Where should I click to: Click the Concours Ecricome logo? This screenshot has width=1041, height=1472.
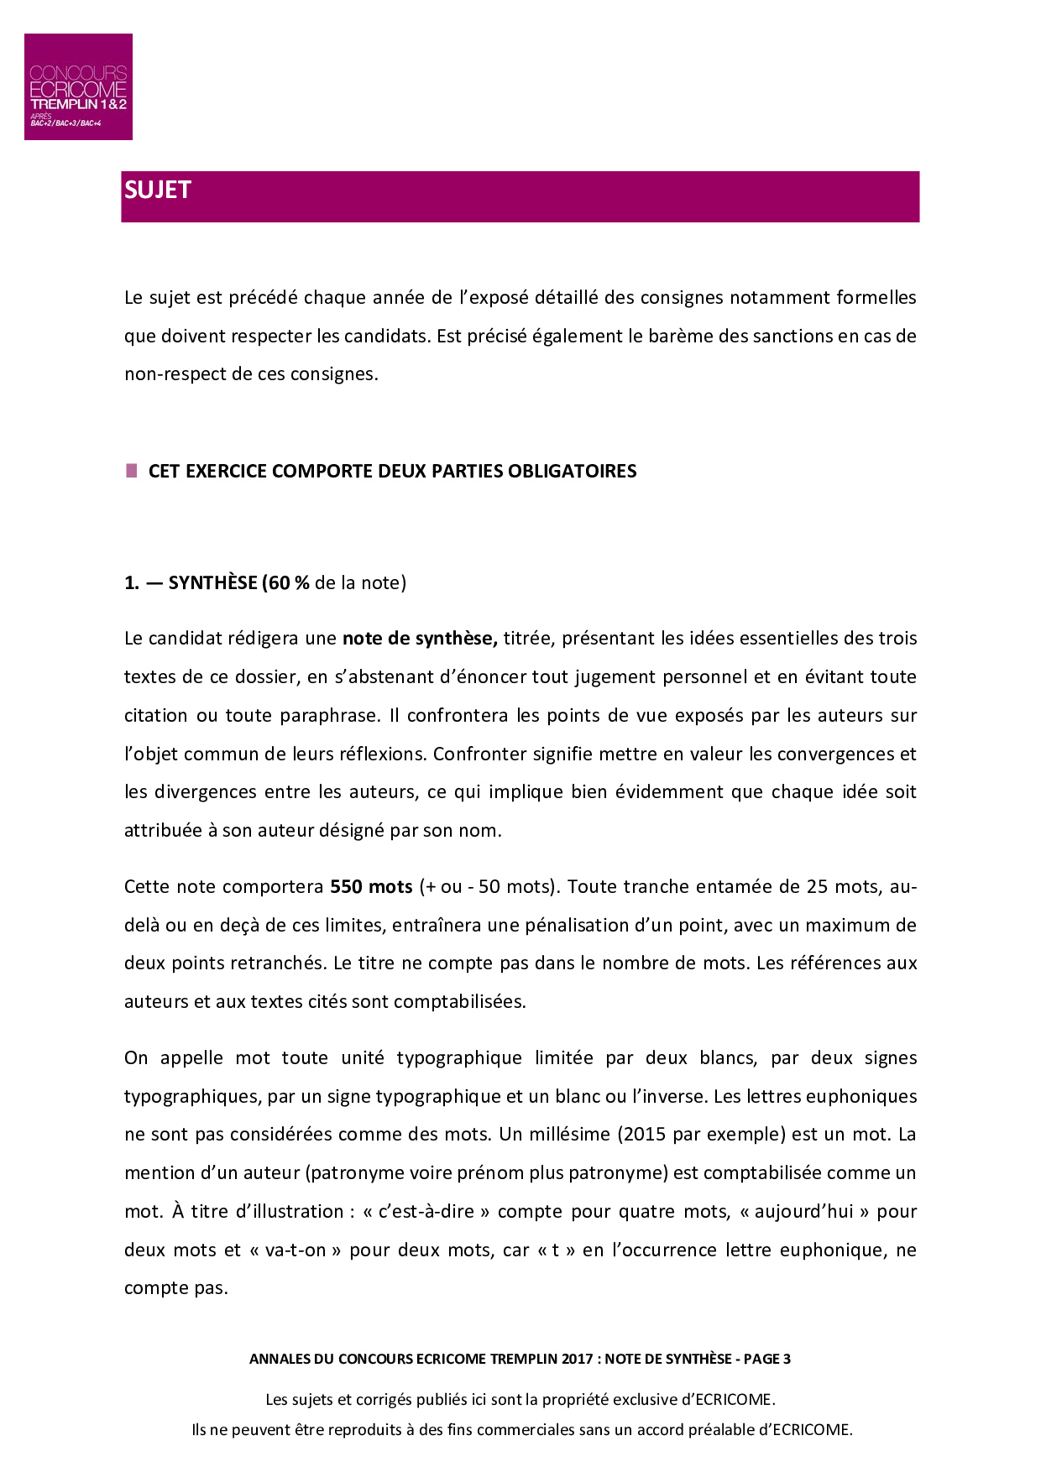(x=78, y=86)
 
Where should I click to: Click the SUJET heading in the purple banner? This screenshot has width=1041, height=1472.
(x=158, y=191)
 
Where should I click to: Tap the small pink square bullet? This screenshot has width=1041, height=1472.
(x=132, y=471)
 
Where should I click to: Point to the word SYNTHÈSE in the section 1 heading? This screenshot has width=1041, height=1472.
(x=212, y=583)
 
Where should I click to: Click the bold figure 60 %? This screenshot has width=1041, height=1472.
(x=288, y=583)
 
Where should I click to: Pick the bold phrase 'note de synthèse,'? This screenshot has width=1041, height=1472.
(x=420, y=639)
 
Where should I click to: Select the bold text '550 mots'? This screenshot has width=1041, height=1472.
(x=371, y=887)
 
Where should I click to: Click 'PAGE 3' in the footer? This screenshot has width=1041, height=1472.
(x=767, y=1360)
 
